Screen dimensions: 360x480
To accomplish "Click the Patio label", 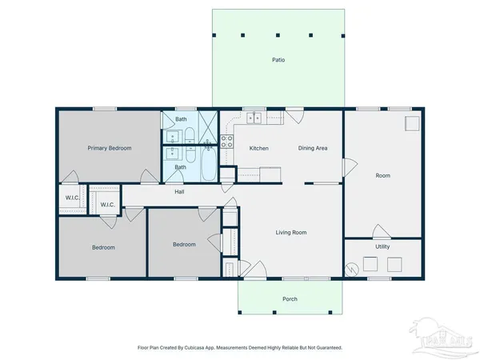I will click(278, 60).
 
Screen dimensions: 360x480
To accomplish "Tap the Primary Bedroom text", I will click(110, 148).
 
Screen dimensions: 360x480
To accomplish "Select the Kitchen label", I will click(258, 148).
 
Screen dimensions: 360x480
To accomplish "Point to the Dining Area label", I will click(313, 148).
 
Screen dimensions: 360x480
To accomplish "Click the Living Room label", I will click(291, 233).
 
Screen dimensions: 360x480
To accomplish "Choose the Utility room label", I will click(382, 246).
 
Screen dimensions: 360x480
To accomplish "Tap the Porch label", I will click(290, 299).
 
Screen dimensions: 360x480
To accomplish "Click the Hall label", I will click(181, 191).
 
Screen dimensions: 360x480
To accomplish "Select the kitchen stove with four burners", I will click(227, 142).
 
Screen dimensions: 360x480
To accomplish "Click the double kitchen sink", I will click(255, 118).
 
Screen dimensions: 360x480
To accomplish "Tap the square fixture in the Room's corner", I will click(411, 122).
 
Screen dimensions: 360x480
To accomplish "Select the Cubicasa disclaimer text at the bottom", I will click(240, 348).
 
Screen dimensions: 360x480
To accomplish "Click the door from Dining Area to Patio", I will click(295, 115).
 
